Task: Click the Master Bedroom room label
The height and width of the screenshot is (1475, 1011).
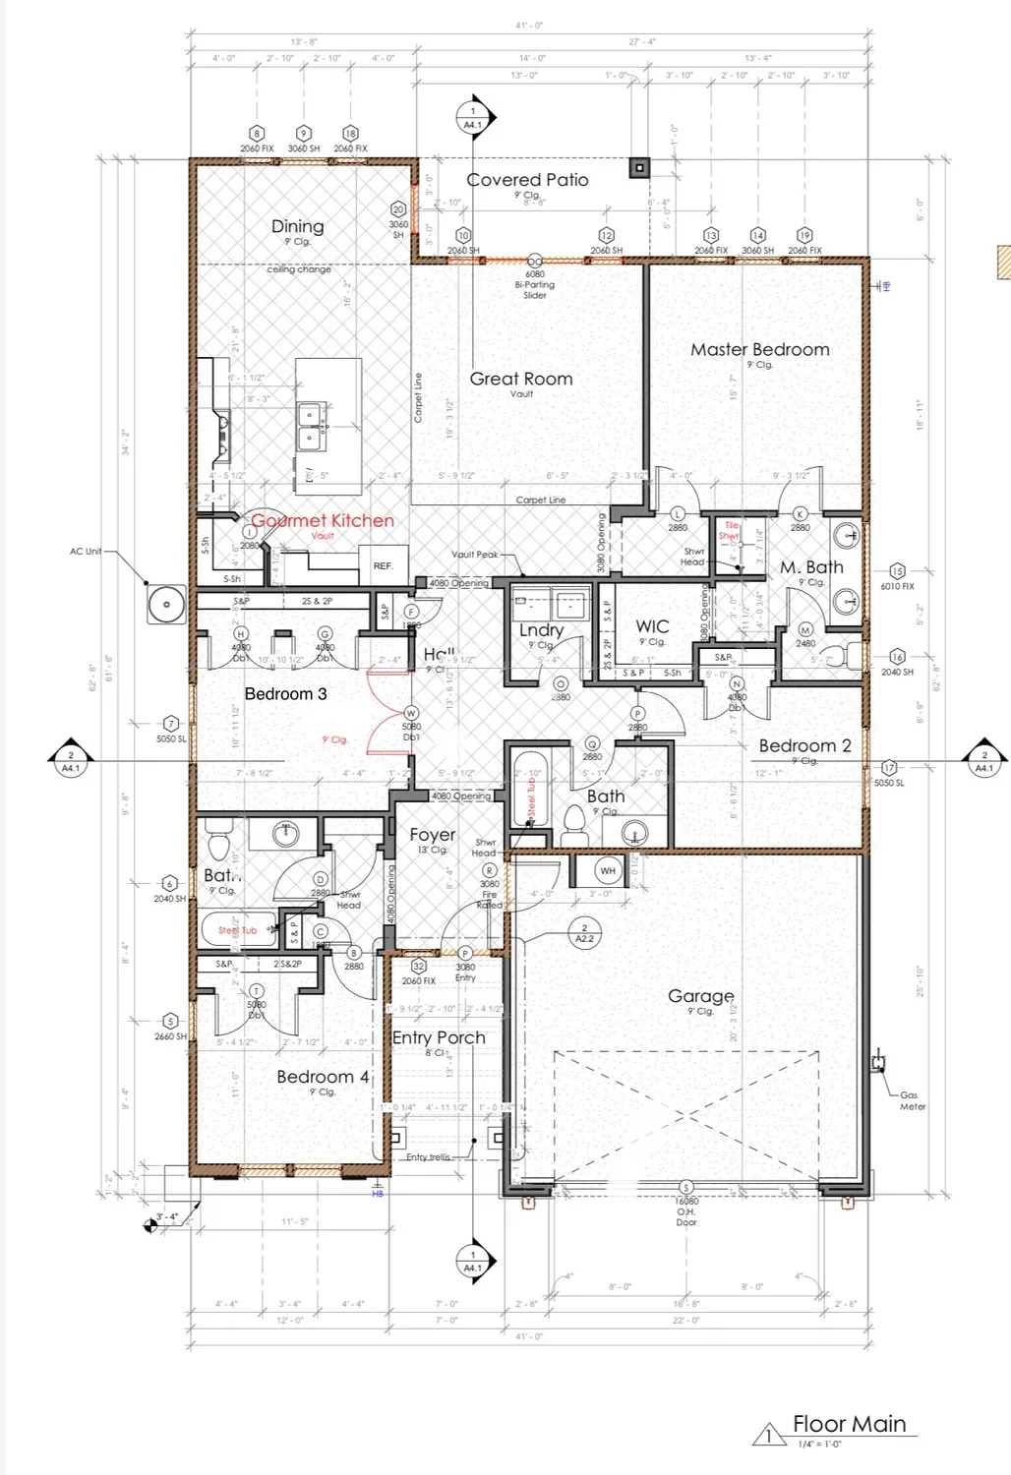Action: click(759, 349)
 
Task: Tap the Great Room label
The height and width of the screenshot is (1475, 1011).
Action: click(520, 379)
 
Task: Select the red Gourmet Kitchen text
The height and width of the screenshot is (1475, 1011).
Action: click(323, 520)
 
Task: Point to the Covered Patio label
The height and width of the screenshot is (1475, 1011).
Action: click(527, 180)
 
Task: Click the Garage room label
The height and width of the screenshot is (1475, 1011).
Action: click(700, 996)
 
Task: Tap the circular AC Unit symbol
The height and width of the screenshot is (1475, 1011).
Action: click(166, 604)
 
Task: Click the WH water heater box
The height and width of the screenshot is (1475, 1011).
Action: click(608, 870)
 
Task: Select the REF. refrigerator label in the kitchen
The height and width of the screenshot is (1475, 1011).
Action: click(383, 566)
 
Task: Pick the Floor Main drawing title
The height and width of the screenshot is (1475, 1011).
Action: click(849, 1424)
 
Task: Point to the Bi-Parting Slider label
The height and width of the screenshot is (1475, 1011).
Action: click(534, 285)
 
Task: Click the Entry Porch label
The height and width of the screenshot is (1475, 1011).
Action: click(439, 1037)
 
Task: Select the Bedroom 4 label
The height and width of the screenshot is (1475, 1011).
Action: click(323, 1077)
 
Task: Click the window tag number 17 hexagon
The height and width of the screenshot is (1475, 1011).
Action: click(889, 768)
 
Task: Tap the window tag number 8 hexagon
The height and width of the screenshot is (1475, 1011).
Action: click(257, 134)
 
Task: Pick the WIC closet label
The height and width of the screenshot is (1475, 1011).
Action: click(652, 626)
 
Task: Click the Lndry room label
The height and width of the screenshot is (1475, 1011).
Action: click(541, 630)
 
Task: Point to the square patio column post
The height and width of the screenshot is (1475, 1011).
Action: click(640, 168)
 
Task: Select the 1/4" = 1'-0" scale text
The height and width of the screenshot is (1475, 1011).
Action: click(820, 1444)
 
